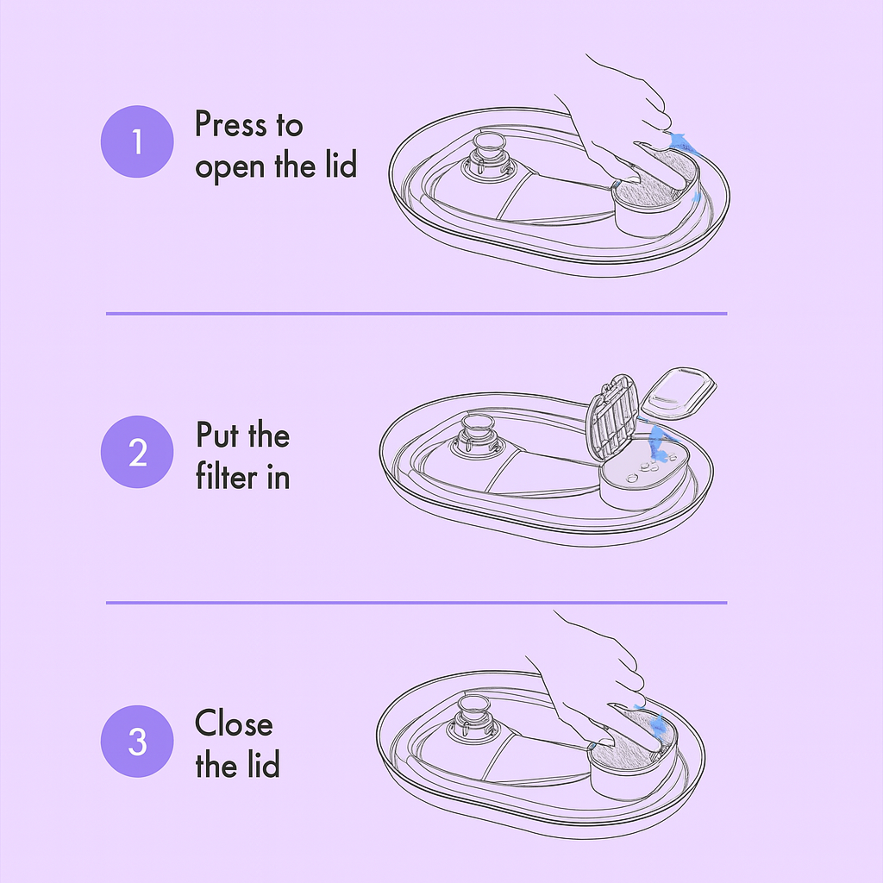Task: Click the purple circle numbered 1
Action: (x=138, y=141)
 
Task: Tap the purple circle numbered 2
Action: (x=138, y=452)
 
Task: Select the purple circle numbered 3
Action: (x=138, y=741)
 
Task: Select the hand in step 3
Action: (x=595, y=681)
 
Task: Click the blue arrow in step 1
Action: (x=681, y=142)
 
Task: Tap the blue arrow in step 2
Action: (x=660, y=438)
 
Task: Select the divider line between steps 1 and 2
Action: (x=416, y=313)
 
